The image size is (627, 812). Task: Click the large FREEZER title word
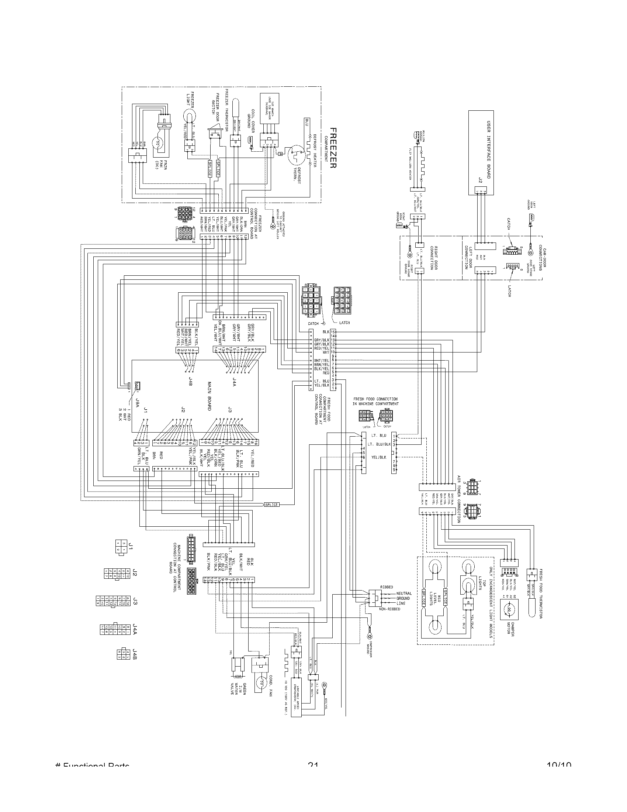pos(333,148)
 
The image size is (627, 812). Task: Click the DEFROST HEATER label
pos(314,148)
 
